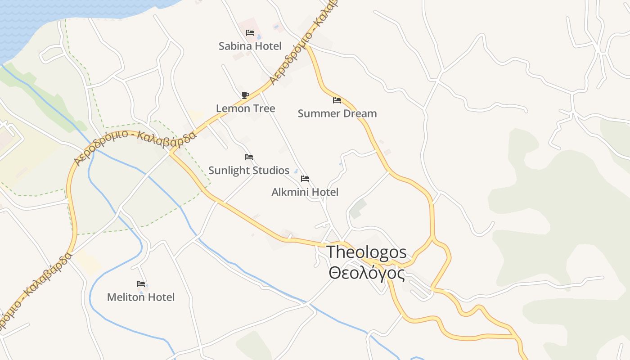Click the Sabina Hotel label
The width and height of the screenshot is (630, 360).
(250, 46)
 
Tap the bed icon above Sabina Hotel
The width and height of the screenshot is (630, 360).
(250, 33)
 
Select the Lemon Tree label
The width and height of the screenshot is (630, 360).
(245, 108)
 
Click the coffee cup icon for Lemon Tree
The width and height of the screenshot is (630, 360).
(245, 95)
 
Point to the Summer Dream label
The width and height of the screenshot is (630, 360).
(337, 113)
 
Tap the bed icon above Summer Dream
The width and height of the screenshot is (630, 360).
(337, 100)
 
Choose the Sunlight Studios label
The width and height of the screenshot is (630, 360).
(249, 171)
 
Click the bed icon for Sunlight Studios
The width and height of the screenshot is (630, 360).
(249, 157)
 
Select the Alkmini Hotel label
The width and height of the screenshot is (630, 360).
(305, 192)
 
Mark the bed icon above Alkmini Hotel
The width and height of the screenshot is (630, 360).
(305, 179)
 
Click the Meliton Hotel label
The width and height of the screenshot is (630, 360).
(141, 297)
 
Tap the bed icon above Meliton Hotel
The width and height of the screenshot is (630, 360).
(141, 284)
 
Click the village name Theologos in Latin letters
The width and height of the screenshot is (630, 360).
(366, 252)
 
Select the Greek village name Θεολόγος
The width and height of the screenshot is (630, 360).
(366, 273)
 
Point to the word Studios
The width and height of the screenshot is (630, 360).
(269, 171)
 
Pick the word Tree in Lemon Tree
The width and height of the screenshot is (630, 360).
(264, 108)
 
